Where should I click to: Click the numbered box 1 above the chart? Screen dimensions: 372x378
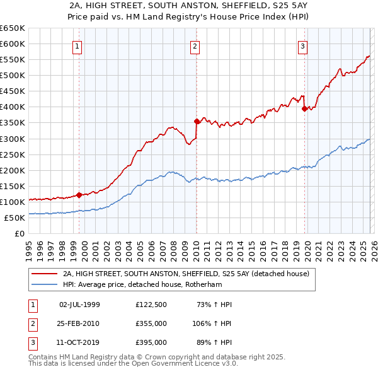(77, 45)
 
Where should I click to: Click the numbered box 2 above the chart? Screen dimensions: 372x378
(195, 45)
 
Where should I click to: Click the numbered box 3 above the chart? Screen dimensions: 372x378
(303, 45)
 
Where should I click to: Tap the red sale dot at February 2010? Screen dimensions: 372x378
(197, 120)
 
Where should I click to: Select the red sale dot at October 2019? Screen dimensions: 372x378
(304, 108)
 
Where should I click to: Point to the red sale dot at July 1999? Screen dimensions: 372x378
(79, 195)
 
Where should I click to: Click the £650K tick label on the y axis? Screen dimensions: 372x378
(12, 28)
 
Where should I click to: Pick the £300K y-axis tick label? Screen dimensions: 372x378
(12, 139)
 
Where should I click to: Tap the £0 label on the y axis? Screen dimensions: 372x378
(19, 233)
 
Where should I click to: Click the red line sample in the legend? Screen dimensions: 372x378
(44, 274)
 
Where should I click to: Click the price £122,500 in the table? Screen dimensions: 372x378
(151, 305)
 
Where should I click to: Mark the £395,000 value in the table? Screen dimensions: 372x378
(151, 342)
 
